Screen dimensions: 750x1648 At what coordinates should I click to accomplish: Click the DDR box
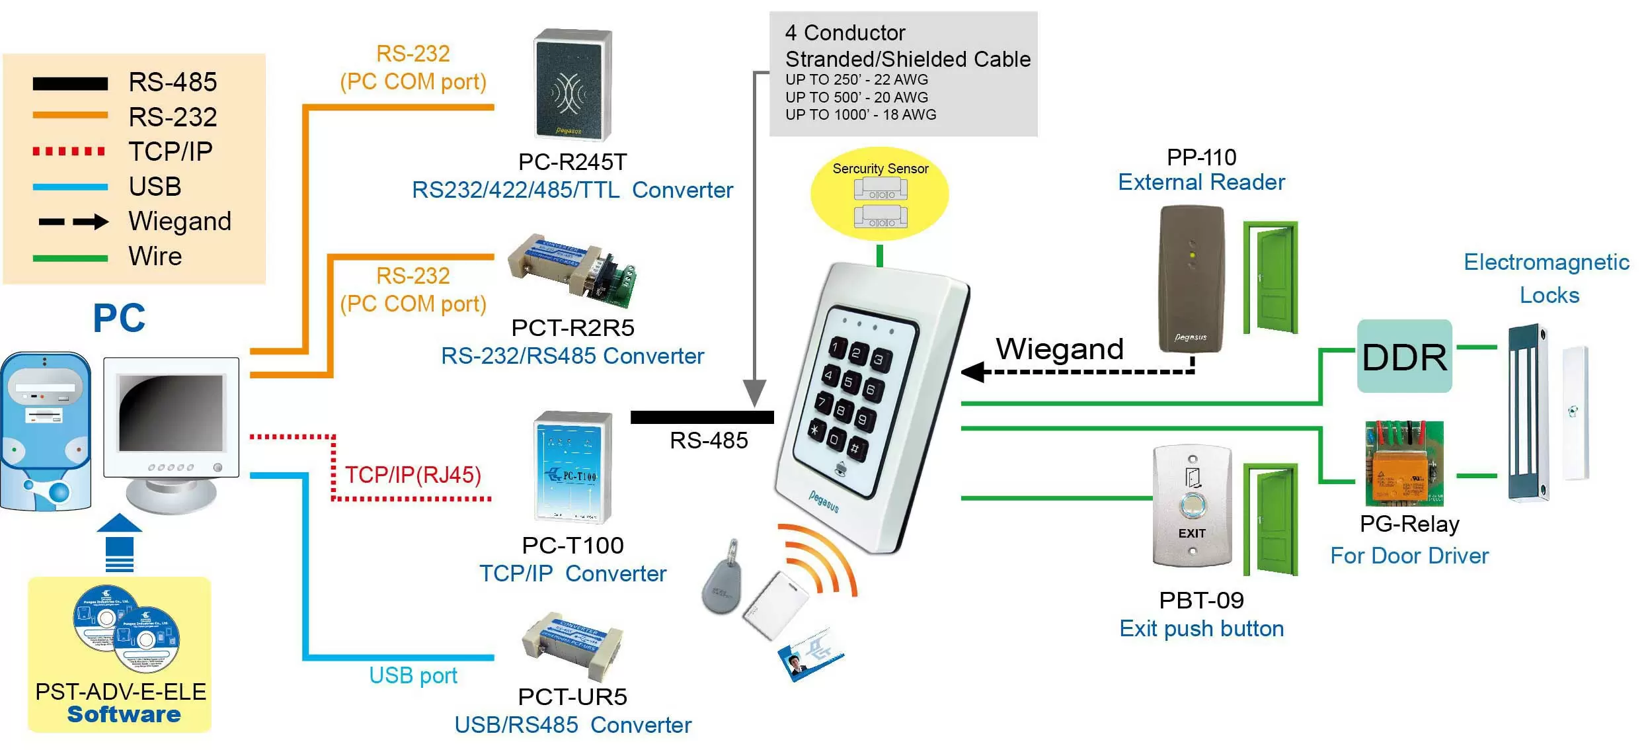[x=1403, y=356]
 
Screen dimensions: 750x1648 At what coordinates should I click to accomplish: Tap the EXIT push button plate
[x=1191, y=506]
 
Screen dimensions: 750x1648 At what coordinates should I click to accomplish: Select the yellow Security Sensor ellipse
[x=879, y=194]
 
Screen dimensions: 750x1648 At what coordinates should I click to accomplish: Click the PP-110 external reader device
[x=1191, y=278]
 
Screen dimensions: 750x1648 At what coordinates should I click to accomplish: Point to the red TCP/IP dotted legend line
[x=69, y=151]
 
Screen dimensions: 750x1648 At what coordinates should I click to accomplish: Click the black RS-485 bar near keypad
[x=701, y=417]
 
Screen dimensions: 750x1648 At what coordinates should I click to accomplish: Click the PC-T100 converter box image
[x=572, y=468]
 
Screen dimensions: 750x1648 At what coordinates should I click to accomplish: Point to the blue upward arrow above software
[x=120, y=540]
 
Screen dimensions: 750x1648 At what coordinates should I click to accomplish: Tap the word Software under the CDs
[x=124, y=715]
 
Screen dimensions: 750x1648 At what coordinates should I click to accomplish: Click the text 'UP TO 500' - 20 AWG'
[x=856, y=97]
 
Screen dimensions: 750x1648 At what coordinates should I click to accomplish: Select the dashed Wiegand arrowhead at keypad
[x=973, y=372]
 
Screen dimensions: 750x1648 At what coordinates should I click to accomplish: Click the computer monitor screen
[x=170, y=413]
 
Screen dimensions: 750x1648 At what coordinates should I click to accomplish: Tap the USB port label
[x=412, y=675]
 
